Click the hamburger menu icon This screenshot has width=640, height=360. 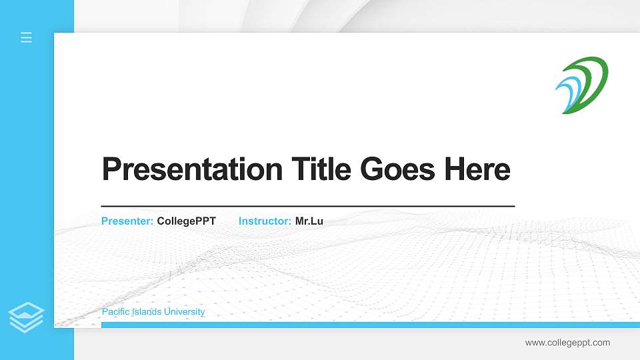[27, 37]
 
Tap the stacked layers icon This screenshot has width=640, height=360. [27, 317]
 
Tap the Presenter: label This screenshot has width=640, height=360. [127, 221]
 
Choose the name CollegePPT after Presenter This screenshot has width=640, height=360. [186, 221]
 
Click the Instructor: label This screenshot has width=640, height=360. [265, 221]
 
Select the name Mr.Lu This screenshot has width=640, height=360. [309, 221]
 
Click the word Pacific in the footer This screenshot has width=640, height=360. [116, 312]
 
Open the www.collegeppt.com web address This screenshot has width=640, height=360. [567, 343]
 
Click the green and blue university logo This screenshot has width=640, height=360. [582, 85]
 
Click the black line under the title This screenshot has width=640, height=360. [307, 206]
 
